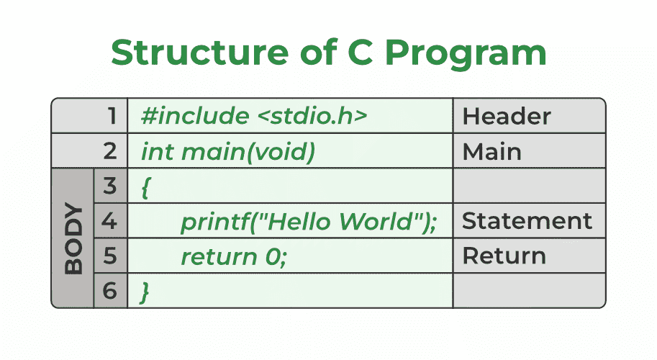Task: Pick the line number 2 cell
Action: point(110,152)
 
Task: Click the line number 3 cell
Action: point(110,187)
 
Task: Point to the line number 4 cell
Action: point(110,221)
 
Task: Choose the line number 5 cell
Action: point(110,256)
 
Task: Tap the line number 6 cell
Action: point(110,291)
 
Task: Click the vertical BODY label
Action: point(73,239)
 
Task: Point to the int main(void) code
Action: point(228,152)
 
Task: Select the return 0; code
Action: point(233,256)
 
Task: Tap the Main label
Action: point(491,152)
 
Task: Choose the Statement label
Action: point(527,221)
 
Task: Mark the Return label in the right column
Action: point(504,256)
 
